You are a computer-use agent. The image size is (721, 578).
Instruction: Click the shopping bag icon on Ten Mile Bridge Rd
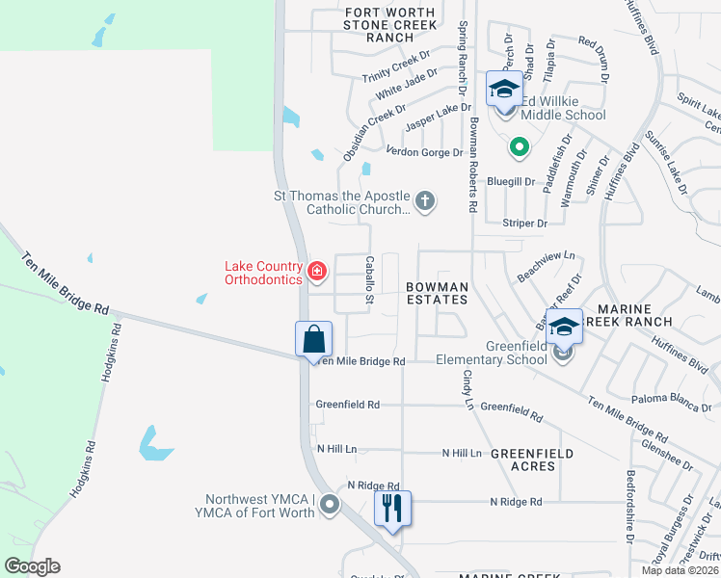tap(313, 339)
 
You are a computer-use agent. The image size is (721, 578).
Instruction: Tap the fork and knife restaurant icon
tap(391, 508)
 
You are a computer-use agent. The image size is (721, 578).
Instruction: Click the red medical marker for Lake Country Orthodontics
tap(317, 273)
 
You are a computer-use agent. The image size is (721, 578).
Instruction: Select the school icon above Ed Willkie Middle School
tap(503, 90)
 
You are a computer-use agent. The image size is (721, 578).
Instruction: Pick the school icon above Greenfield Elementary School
tap(564, 328)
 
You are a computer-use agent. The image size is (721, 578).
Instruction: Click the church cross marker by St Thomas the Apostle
tap(425, 201)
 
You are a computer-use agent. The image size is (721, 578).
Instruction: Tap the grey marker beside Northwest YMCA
tap(331, 504)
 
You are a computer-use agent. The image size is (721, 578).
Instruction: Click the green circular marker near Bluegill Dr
tap(519, 147)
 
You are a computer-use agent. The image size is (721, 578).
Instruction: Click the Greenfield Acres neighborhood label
tap(531, 460)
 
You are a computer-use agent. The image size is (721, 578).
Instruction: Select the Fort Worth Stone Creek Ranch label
tap(389, 24)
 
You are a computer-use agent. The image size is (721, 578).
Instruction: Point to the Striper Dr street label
tap(524, 223)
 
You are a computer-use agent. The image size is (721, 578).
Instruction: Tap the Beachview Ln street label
tap(546, 262)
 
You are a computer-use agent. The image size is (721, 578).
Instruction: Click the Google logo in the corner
tap(32, 566)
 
